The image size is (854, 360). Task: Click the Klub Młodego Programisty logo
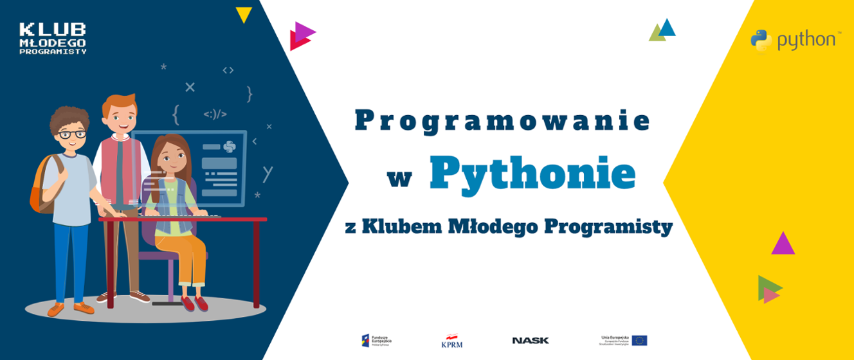pyautogui.click(x=53, y=39)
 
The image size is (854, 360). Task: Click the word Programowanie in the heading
pyautogui.click(x=502, y=121)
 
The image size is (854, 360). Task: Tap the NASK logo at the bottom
pyautogui.click(x=531, y=340)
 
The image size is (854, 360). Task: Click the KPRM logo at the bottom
pyautogui.click(x=451, y=341)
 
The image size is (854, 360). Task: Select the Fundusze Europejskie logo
pyautogui.click(x=376, y=340)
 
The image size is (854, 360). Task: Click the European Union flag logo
pyautogui.click(x=639, y=340)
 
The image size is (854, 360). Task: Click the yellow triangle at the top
pyautogui.click(x=243, y=14)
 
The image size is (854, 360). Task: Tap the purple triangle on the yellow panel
pyautogui.click(x=783, y=244)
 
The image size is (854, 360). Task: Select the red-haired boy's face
pyautogui.click(x=120, y=118)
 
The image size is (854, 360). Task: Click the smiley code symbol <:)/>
pyautogui.click(x=215, y=114)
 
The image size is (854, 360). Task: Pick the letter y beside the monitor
pyautogui.click(x=268, y=173)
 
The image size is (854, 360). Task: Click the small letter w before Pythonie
pyautogui.click(x=399, y=177)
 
